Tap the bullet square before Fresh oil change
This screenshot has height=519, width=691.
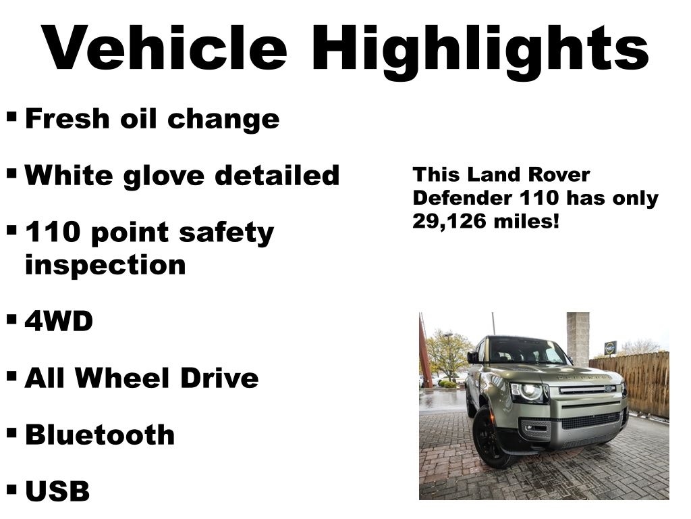[x=11, y=116]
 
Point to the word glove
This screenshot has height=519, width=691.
[x=161, y=175]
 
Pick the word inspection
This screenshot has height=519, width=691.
[x=105, y=265]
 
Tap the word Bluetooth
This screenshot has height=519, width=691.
[x=100, y=435]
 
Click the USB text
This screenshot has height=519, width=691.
[x=57, y=491]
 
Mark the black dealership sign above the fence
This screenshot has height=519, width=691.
[x=610, y=347]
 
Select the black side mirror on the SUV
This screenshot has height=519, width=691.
[x=473, y=356]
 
